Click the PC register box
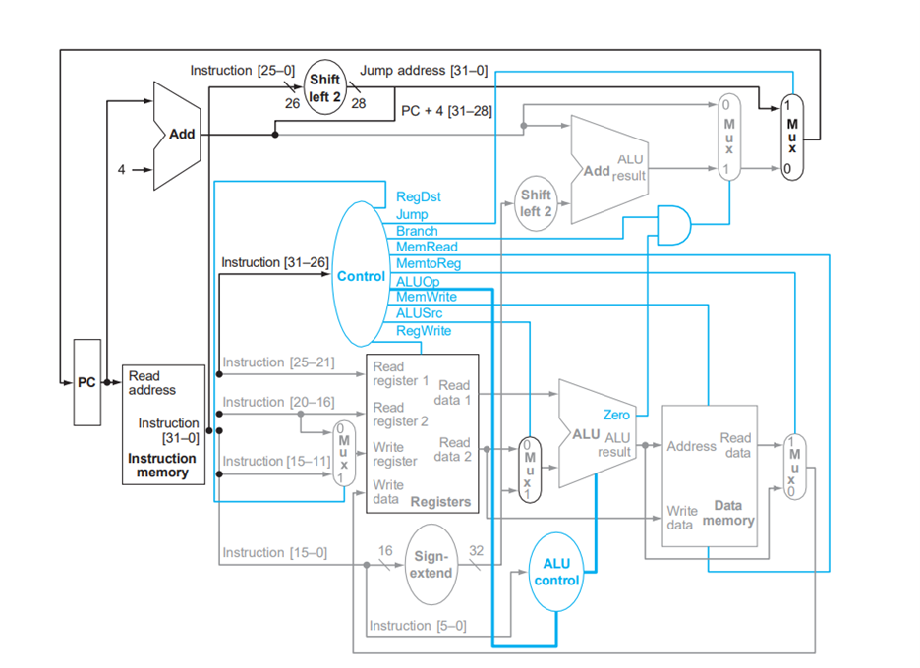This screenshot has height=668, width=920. tap(87, 382)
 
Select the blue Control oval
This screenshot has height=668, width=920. tap(360, 276)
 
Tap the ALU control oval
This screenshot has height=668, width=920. tap(556, 573)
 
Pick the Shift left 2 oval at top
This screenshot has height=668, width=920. tap(325, 86)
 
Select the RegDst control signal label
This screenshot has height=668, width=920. tap(418, 196)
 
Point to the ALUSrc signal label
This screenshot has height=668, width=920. tap(419, 313)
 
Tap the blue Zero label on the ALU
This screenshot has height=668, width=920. tap(616, 416)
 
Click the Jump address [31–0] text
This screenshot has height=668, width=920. tap(424, 70)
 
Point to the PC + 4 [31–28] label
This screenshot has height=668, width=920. tap(446, 111)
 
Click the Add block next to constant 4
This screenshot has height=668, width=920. tap(180, 134)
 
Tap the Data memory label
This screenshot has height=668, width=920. tap(728, 512)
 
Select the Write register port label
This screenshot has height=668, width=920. tap(395, 454)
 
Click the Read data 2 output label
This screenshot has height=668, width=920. tap(454, 449)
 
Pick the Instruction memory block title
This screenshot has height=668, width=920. tap(162, 466)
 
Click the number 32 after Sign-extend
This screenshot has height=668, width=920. tap(476, 552)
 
